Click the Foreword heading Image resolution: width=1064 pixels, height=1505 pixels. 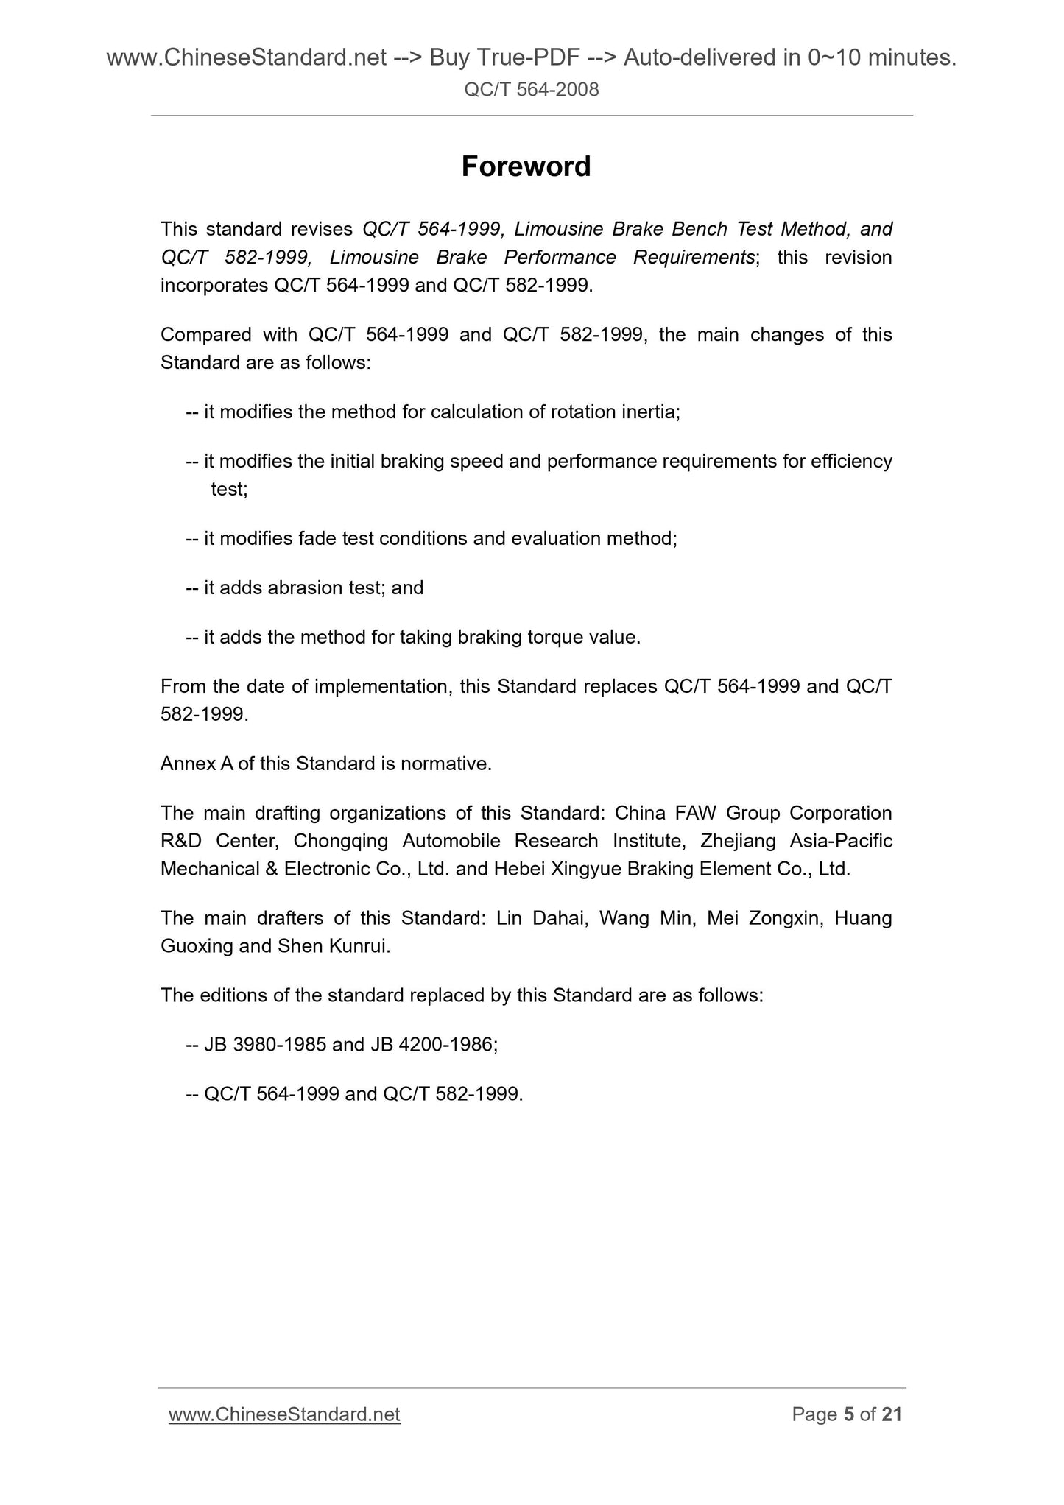coord(526,167)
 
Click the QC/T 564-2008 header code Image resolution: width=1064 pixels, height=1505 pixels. coord(532,90)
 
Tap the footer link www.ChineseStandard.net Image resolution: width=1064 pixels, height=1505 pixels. coord(284,1414)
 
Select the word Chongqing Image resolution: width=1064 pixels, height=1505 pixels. coord(335,841)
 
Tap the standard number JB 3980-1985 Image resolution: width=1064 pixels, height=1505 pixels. coord(265,1044)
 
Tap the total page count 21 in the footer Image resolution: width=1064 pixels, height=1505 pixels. coord(891,1414)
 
